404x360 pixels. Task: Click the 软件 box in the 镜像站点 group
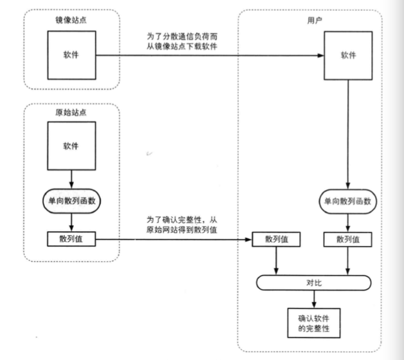coord(71,55)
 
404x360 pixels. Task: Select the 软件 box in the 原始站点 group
coord(71,146)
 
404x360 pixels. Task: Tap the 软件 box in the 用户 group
coord(347,56)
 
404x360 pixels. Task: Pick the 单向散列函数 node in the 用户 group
coord(347,202)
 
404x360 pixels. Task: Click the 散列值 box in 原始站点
coord(71,239)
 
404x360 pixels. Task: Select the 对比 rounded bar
coord(314,282)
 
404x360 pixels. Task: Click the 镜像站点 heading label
coord(71,20)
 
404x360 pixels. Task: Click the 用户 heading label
coord(315,20)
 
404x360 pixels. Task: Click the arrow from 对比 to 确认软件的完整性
coord(314,298)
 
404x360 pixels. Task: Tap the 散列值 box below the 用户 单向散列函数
coord(347,239)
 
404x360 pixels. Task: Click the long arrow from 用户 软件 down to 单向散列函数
coord(347,135)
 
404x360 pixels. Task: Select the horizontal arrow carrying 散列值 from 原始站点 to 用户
coord(174,240)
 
